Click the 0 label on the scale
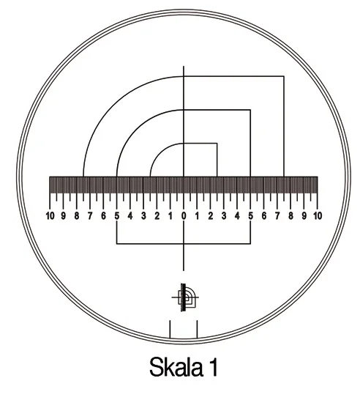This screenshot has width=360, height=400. [184, 216]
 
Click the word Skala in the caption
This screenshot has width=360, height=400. [176, 367]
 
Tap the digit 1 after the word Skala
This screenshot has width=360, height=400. [213, 367]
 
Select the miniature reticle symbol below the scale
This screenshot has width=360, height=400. [185, 297]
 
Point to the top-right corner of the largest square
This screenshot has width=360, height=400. [284, 76]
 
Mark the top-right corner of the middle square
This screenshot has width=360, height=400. [250, 110]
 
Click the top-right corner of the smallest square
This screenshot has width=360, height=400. [217, 144]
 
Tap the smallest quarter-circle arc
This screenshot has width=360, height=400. [160, 153]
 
